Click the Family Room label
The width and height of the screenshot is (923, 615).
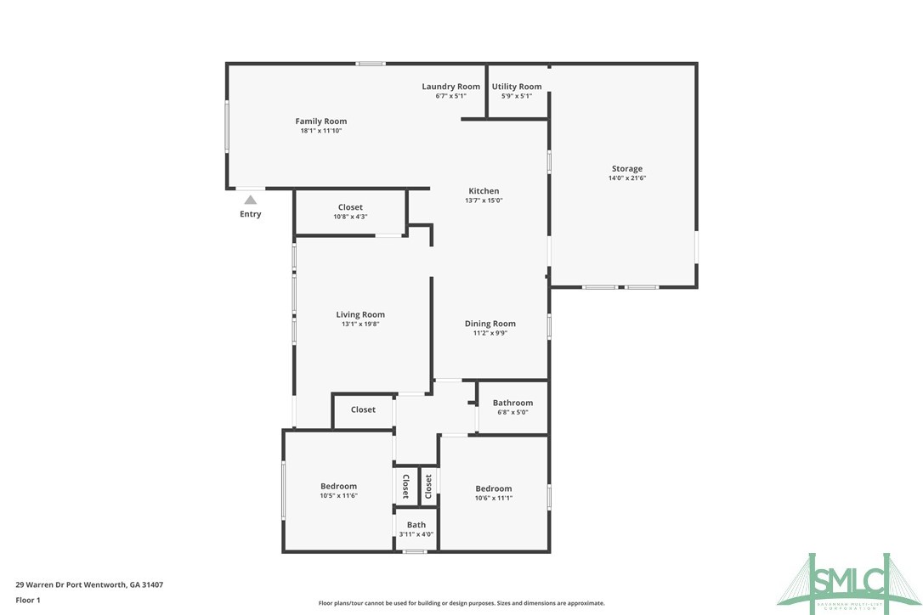click(320, 121)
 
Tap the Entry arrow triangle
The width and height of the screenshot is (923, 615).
click(250, 200)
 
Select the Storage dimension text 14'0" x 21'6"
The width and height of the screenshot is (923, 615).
click(626, 178)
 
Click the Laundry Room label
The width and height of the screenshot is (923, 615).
click(450, 87)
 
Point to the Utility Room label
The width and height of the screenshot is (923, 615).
click(516, 87)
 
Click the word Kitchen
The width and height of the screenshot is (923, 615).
click(484, 191)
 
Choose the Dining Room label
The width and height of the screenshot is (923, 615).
click(490, 324)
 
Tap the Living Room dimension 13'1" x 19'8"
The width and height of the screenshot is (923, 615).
click(360, 324)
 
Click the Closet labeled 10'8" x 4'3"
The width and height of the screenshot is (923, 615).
click(350, 207)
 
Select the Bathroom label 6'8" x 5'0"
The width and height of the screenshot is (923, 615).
click(512, 403)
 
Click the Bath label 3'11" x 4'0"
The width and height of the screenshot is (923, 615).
click(416, 525)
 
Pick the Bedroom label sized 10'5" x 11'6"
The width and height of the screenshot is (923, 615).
click(338, 487)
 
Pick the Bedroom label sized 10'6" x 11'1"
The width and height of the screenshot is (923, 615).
click(493, 488)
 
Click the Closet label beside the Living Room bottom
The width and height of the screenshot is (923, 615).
click(363, 409)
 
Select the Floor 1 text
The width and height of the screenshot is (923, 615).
click(28, 600)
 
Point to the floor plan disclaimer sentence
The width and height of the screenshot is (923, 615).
click(461, 603)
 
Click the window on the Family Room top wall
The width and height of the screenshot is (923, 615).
click(370, 64)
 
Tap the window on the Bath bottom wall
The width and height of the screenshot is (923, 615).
click(414, 552)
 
